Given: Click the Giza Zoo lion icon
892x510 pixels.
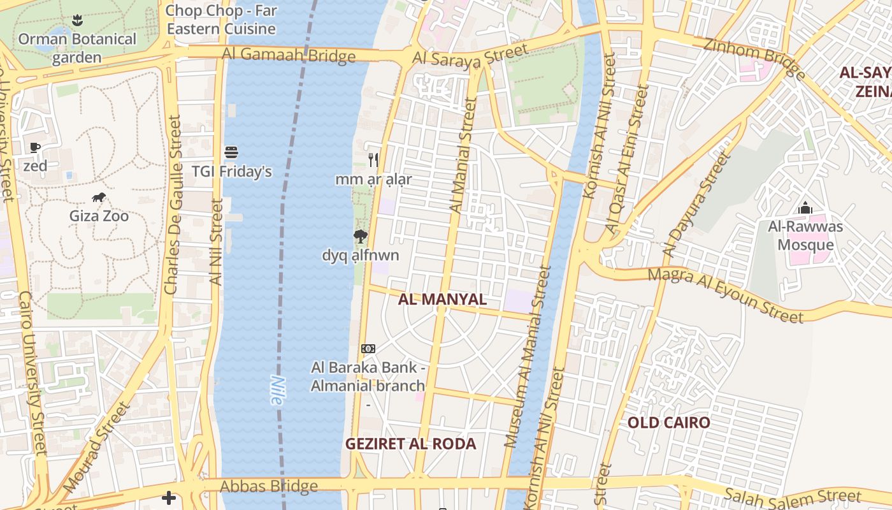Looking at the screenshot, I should point(99,198).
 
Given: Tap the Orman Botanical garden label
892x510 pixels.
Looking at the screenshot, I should point(77,48).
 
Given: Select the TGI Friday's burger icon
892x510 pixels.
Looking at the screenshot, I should point(231,152).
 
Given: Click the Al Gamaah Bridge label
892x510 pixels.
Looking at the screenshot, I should point(289,55).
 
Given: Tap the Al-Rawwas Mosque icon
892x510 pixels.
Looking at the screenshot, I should point(805,208).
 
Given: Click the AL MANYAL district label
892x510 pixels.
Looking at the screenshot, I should point(442,299).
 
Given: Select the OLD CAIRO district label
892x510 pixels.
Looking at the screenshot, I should point(668,423).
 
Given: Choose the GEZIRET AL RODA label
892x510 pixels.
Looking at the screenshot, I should point(411,444).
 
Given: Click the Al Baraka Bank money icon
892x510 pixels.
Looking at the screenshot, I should point(368,349).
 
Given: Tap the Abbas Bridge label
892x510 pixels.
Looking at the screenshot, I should point(269,486).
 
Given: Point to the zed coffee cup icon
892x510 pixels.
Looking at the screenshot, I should point(35,148).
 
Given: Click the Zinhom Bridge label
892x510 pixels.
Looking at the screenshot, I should point(754,57).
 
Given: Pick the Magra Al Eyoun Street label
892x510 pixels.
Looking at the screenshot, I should point(726,295).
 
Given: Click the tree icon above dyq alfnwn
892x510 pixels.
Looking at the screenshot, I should point(361,237).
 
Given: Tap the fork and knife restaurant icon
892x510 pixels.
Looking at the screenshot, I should point(373,160).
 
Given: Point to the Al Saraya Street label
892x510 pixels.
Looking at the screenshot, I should point(470,54).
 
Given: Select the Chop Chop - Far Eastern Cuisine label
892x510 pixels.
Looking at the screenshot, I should point(220,20).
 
